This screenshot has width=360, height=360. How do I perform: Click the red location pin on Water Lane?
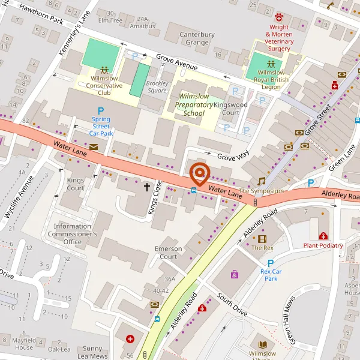(x=199, y=173)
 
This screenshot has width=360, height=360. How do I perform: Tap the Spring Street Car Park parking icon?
(x=101, y=110)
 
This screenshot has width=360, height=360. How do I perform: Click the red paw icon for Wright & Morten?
(x=280, y=14)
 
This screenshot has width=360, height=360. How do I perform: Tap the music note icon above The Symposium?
(x=261, y=181)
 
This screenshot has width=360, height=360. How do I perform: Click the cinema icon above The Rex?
(x=262, y=238)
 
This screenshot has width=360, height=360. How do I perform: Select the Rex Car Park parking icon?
(x=271, y=263)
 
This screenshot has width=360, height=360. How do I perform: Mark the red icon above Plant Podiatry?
(x=323, y=236)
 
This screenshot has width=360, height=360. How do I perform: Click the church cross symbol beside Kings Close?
(x=146, y=187)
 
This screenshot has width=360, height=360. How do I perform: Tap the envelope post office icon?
(x=94, y=146)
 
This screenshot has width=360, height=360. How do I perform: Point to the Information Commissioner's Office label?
(x=72, y=234)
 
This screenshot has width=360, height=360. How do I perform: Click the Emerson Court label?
(x=168, y=253)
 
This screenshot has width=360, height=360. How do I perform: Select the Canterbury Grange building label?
(x=197, y=38)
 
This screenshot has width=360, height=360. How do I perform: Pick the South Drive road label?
(x=232, y=305)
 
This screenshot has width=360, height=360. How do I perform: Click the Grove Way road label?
(x=233, y=157)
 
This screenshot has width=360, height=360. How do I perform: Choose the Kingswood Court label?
(x=230, y=109)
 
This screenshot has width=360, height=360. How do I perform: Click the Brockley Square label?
(x=157, y=87)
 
